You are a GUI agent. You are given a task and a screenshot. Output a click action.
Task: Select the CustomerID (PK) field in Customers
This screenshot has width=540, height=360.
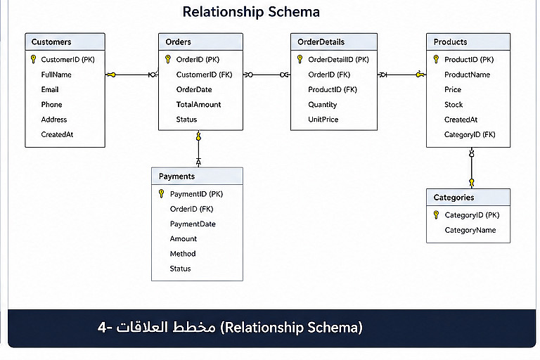click(67, 60)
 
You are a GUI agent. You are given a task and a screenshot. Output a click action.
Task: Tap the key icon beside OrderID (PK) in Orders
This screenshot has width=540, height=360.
click(168, 59)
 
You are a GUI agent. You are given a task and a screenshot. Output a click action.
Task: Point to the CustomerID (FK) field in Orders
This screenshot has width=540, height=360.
click(204, 75)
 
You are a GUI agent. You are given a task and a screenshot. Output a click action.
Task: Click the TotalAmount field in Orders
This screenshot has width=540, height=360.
click(198, 105)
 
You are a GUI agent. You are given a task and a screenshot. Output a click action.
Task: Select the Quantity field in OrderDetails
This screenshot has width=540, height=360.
click(322, 105)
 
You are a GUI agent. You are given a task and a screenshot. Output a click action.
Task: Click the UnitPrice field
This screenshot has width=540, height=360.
click(323, 120)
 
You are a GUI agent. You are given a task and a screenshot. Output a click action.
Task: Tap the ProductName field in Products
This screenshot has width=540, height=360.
click(467, 75)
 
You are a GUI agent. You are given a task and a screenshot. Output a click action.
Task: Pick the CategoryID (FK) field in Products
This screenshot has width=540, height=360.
click(470, 135)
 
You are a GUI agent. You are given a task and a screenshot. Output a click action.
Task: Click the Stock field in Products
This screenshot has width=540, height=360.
click(454, 105)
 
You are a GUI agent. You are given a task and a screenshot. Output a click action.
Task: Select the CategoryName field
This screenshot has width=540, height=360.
click(470, 230)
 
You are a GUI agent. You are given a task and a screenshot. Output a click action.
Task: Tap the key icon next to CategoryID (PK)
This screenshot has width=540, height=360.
click(436, 215)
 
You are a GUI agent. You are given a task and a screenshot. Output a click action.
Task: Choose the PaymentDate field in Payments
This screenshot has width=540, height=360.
click(193, 224)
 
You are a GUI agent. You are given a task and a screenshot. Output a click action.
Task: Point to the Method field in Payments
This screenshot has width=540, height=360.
click(183, 254)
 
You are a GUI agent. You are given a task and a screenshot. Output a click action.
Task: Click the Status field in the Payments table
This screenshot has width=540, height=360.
click(180, 269)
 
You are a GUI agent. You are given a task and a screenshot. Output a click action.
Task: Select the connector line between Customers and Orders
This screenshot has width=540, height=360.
click(131, 75)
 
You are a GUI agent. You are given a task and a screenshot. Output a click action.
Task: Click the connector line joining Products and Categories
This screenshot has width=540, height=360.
click(472, 168)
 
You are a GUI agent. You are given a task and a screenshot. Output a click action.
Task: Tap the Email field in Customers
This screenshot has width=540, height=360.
click(50, 89)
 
